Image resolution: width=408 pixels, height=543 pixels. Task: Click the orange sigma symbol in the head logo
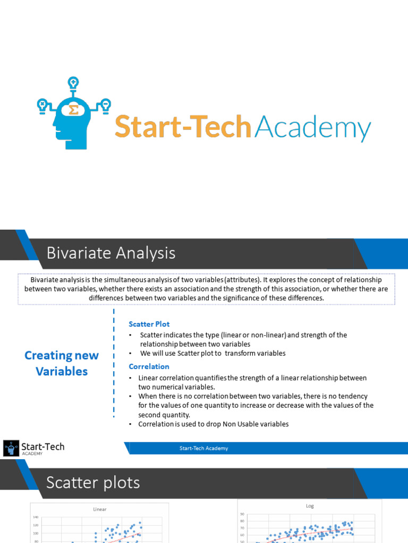click(73, 110)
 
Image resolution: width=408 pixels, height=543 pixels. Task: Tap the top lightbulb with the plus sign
click(73, 83)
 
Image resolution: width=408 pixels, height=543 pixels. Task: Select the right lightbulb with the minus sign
click(105, 104)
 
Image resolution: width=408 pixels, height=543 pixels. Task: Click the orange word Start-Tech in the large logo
click(183, 128)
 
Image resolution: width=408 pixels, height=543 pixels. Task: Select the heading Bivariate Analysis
click(110, 253)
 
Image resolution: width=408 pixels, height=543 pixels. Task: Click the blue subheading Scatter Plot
click(149, 324)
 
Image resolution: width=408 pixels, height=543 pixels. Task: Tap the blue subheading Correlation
click(149, 366)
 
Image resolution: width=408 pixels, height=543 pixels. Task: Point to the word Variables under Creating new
click(62, 371)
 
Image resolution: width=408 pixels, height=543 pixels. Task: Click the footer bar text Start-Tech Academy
click(203, 449)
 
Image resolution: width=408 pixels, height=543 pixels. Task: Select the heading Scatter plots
click(93, 483)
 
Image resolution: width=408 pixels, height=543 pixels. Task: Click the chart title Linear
click(99, 509)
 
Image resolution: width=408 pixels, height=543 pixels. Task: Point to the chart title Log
click(310, 506)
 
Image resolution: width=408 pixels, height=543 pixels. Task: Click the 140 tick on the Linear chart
click(36, 517)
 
